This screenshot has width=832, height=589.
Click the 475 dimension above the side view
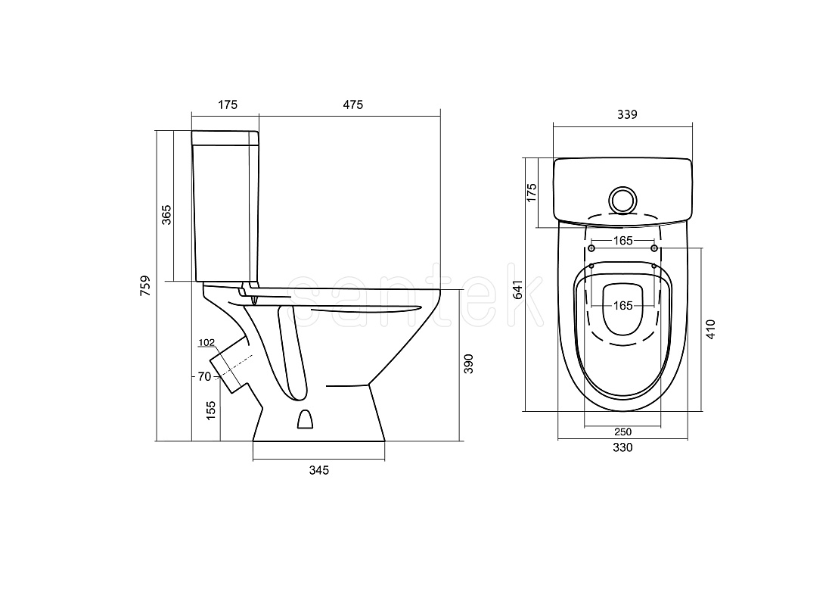[x=353, y=104]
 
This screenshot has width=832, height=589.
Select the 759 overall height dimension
[x=145, y=285]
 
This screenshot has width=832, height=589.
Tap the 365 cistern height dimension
[x=166, y=214]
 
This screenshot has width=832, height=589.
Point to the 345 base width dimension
[x=319, y=470]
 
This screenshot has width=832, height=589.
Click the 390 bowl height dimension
[x=468, y=364]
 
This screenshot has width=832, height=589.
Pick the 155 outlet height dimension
[x=211, y=411]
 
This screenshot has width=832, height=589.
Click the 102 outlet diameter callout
[x=206, y=342]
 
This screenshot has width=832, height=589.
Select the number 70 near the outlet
[x=204, y=376]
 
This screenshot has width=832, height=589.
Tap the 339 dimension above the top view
[x=627, y=114]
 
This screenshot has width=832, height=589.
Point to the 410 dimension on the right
[x=711, y=329]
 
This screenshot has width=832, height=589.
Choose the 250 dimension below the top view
[x=623, y=432]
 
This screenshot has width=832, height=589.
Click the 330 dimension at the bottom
[x=622, y=447]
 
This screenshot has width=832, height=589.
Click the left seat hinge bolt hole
[x=591, y=248]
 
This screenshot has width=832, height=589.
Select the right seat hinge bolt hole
[x=654, y=248]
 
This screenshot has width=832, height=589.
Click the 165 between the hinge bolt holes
[x=623, y=241]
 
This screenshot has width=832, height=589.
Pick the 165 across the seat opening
[x=623, y=305]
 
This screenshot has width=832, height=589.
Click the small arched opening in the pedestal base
[x=305, y=419]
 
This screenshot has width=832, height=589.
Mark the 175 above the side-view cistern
[x=228, y=104]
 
